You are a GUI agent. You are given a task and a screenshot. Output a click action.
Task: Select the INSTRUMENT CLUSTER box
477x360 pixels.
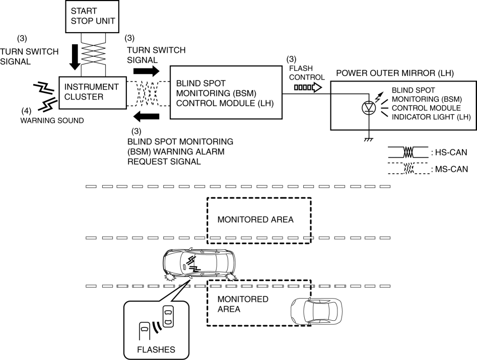tap(93, 92)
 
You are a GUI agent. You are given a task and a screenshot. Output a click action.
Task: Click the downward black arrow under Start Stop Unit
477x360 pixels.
tap(74, 56)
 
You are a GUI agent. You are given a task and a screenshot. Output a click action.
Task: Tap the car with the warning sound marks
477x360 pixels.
tap(198, 263)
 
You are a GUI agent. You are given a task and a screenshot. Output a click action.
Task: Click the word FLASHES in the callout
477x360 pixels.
tap(156, 348)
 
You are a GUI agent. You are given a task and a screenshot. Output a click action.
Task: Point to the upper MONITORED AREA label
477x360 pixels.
tap(255, 220)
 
